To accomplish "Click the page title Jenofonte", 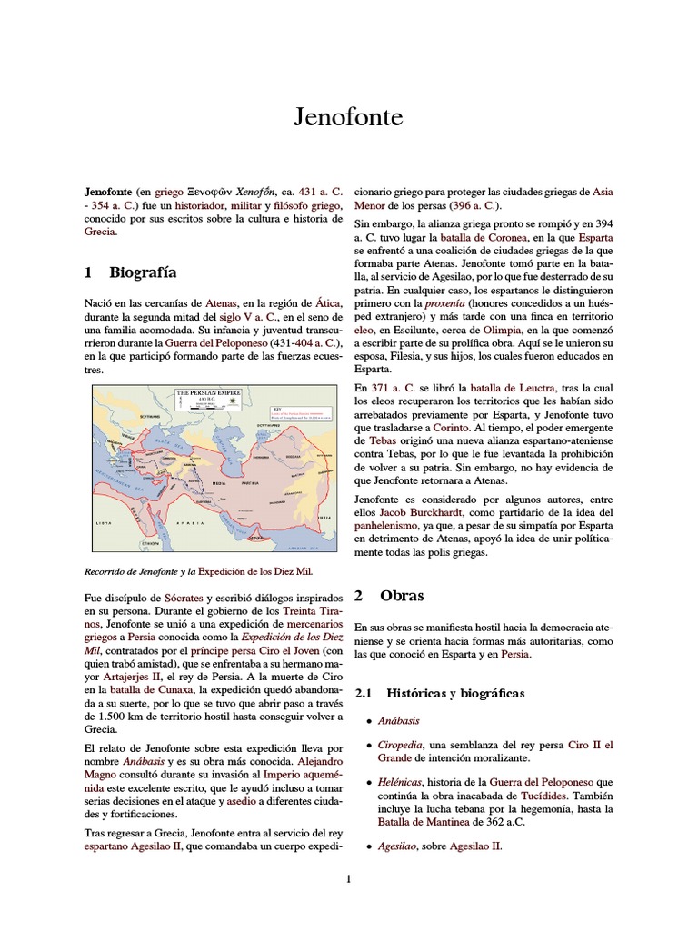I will point(348,117).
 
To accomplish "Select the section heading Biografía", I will point(143,272).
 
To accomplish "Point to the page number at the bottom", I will point(348,878).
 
